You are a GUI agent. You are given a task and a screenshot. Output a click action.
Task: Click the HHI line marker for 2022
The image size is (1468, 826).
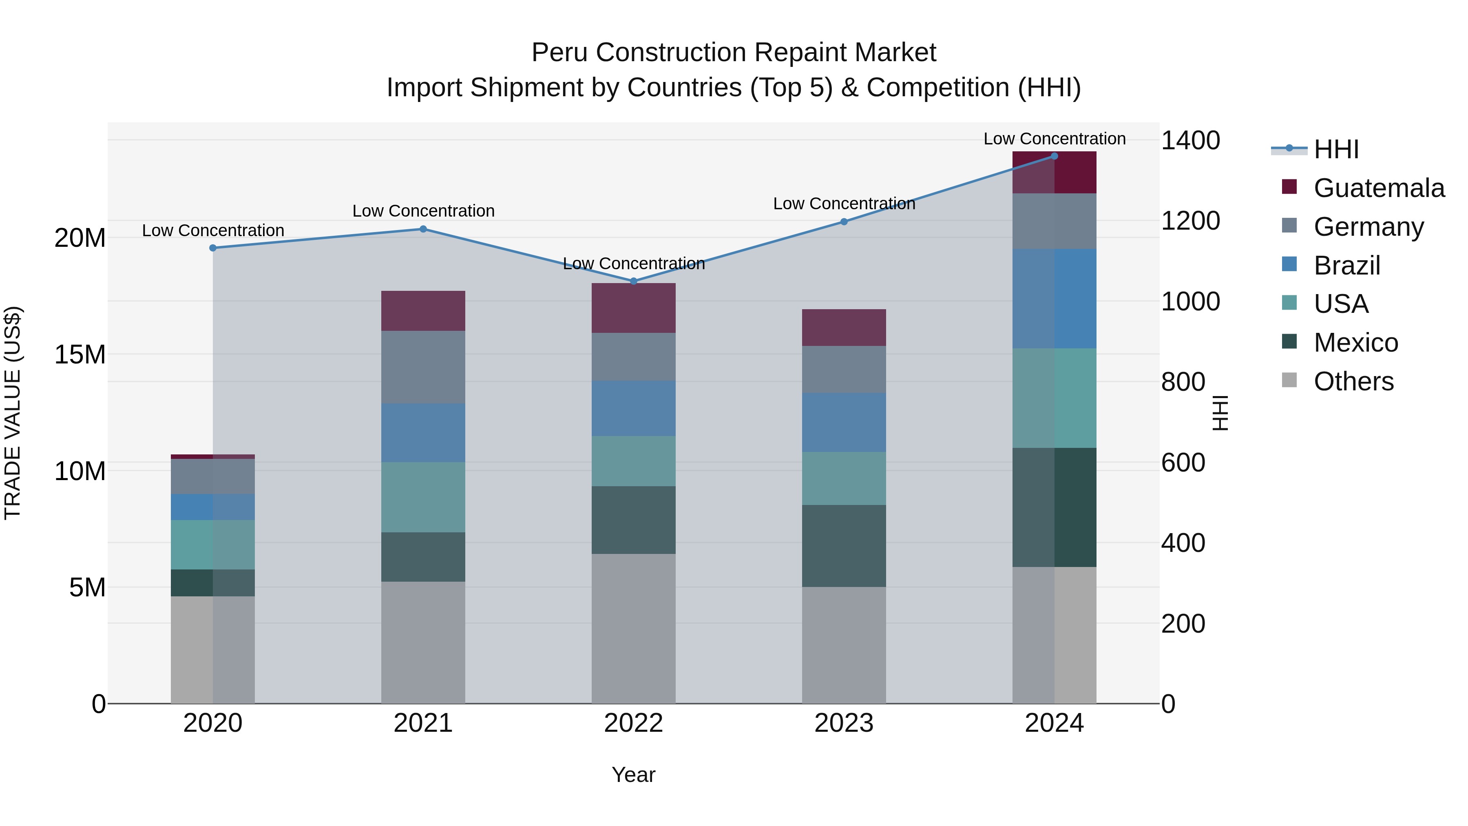(x=633, y=281)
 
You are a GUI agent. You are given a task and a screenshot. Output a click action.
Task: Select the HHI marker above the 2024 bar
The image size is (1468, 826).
(x=1054, y=156)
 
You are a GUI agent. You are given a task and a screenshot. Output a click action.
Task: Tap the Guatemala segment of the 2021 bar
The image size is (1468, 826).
(x=423, y=311)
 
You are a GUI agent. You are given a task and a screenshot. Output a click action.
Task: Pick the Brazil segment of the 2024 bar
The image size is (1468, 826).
(x=1054, y=298)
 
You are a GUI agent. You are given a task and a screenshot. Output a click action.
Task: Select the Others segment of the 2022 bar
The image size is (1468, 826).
(x=633, y=628)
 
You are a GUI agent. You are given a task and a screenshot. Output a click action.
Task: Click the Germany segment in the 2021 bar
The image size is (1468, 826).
(x=423, y=367)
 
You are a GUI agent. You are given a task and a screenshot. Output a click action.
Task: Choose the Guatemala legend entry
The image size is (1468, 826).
(x=1379, y=188)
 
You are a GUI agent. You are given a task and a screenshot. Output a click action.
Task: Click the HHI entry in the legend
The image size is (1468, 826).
(x=1336, y=149)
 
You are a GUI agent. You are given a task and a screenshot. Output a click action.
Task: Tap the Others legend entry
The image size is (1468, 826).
(x=1353, y=381)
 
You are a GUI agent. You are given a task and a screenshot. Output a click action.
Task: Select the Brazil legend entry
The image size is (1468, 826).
(x=1346, y=265)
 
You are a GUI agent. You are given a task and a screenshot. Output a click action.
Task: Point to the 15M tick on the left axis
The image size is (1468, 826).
(x=80, y=354)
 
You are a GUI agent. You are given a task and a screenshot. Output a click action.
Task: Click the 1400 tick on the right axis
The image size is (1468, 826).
(x=1190, y=140)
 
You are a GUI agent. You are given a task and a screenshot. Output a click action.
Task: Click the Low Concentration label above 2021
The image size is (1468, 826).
(x=423, y=211)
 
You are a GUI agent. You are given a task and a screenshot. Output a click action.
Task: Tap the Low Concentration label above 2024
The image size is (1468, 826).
(x=1054, y=139)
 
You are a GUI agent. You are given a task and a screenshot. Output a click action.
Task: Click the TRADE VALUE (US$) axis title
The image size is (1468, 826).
(x=13, y=413)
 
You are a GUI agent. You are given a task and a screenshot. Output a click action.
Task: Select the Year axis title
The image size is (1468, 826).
(x=633, y=775)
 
